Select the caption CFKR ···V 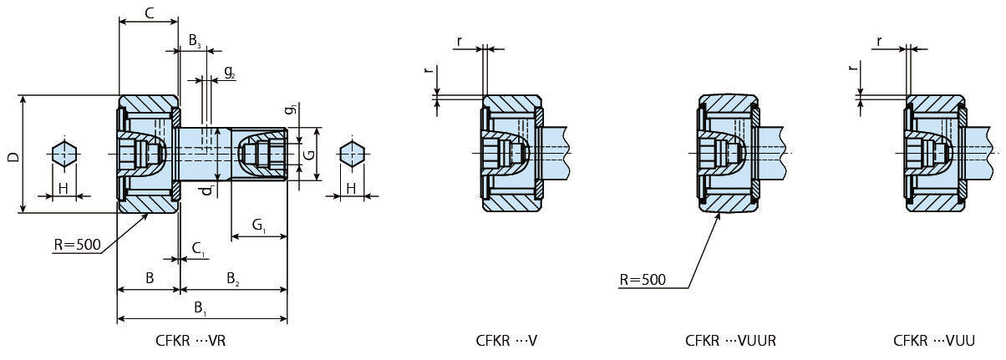(x=506, y=341)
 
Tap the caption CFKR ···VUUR (x=731, y=341)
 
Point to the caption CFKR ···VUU (x=934, y=341)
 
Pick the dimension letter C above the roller (x=148, y=13)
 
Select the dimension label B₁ (x=201, y=308)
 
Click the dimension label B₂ (x=231, y=278)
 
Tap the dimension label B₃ (x=194, y=40)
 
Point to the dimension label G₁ (x=258, y=226)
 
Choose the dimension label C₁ (x=198, y=248)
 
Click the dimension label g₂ (x=230, y=74)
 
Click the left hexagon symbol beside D (x=64, y=154)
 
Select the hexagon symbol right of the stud (x=352, y=154)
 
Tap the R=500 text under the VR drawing (x=76, y=245)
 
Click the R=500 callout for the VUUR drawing (x=643, y=279)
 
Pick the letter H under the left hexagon (x=63, y=190)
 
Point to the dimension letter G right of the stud (x=308, y=155)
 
